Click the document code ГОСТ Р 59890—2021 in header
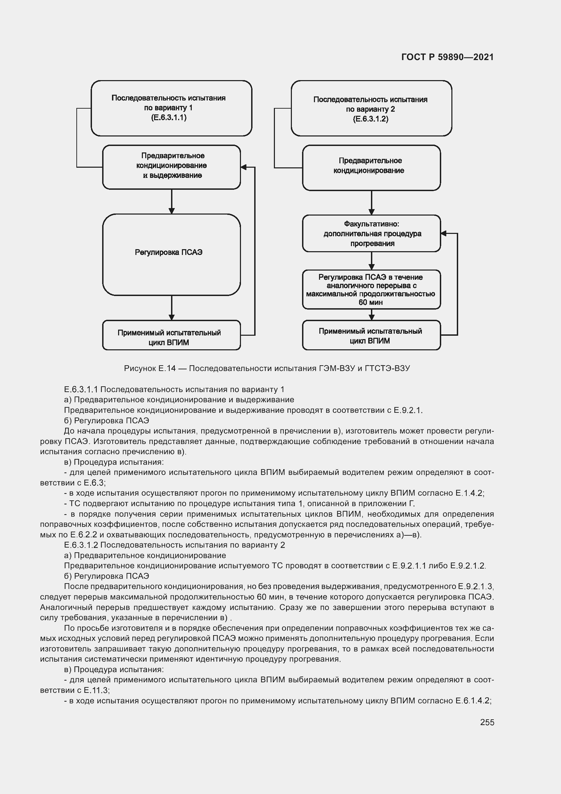pyautogui.click(x=447, y=57)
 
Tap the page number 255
pyautogui.click(x=487, y=722)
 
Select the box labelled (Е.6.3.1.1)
pyautogui.click(x=171, y=108)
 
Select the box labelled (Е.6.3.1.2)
pyautogui.click(x=371, y=109)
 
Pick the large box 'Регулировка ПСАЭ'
pyautogui.click(x=171, y=254)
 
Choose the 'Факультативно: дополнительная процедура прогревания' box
pyautogui.click(x=371, y=234)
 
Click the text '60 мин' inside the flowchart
pyautogui.click(x=370, y=302)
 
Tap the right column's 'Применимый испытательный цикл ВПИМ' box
pyautogui.click(x=371, y=335)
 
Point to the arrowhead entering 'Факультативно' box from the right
pyautogui.click(x=444, y=234)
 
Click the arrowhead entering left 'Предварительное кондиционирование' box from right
pyautogui.click(x=244, y=167)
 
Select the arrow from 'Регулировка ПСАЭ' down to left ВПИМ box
pyautogui.click(x=171, y=308)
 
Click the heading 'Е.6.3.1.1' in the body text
pyautogui.click(x=81, y=389)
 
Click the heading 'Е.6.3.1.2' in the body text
pyautogui.click(x=81, y=545)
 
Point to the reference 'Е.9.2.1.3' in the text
pyautogui.click(x=475, y=587)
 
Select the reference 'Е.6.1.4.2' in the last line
pyautogui.click(x=472, y=701)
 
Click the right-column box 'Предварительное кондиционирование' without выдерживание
pyautogui.click(x=371, y=167)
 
